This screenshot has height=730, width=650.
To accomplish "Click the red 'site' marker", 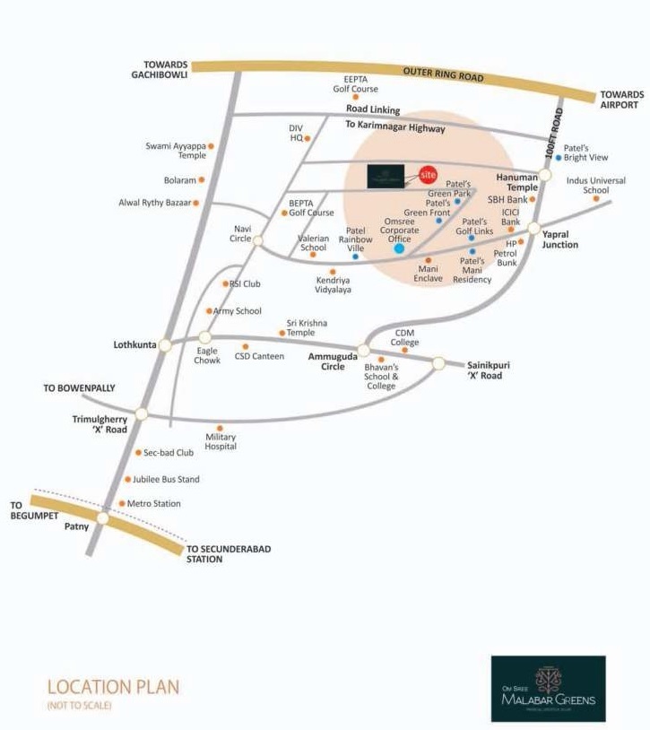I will pyautogui.click(x=428, y=176).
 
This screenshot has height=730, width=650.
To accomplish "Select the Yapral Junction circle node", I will pyautogui.click(x=534, y=229).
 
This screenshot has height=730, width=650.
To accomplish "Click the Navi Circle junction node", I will pyautogui.click(x=257, y=240).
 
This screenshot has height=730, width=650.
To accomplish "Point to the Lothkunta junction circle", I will pyautogui.click(x=165, y=344).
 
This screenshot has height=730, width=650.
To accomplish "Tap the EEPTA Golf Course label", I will pyautogui.click(x=356, y=84).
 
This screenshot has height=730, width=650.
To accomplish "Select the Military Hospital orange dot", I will pyautogui.click(x=220, y=427).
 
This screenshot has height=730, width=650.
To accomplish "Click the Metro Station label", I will pyautogui.click(x=154, y=504).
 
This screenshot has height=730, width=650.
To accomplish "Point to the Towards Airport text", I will pyautogui.click(x=622, y=99).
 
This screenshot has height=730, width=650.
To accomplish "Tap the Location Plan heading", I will pyautogui.click(x=113, y=688).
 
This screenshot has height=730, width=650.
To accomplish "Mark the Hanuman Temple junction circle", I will pyautogui.click(x=546, y=176).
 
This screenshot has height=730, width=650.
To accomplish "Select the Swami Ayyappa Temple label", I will pyautogui.click(x=176, y=150).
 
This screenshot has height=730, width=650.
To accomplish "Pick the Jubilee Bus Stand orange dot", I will pyautogui.click(x=127, y=480).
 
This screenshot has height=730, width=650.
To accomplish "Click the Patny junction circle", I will pyautogui.click(x=103, y=518).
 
